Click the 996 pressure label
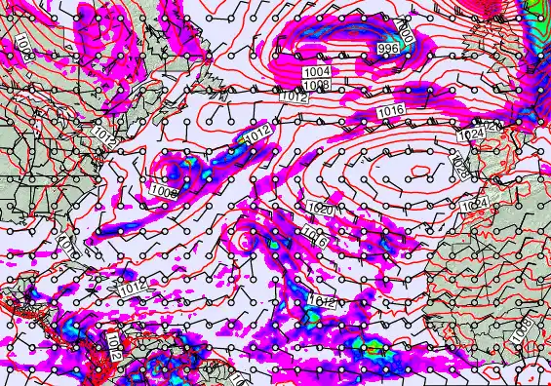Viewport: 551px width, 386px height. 387,49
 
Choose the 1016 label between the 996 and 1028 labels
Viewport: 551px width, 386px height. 390,112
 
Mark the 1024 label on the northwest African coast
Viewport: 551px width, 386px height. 475,203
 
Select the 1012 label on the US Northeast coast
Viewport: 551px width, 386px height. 105,135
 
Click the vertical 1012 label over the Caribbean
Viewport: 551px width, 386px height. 114,345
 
